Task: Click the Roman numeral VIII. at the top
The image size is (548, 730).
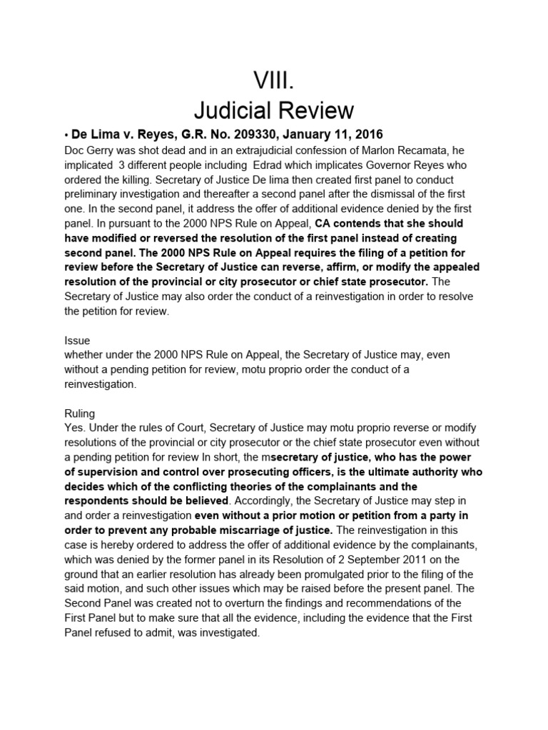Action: coord(274,79)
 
